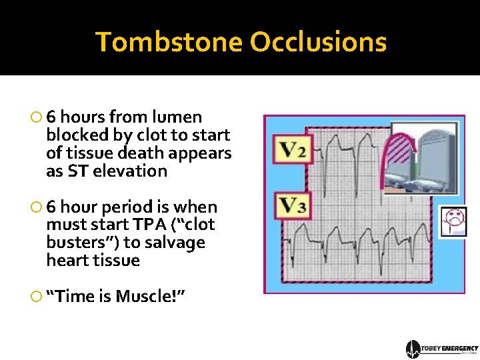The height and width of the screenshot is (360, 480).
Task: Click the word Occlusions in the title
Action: point(318,42)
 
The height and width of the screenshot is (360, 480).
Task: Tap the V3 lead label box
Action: point(292,207)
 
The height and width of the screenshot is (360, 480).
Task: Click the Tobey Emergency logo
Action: point(441,349)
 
